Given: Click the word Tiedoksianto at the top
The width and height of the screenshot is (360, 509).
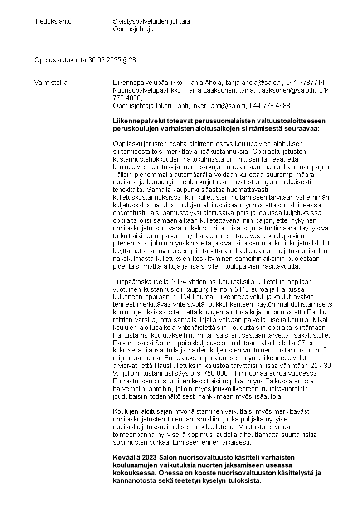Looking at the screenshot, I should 53,21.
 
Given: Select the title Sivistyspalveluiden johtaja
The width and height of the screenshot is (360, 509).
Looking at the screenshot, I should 151,21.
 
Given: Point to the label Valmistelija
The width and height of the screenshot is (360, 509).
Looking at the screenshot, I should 51,82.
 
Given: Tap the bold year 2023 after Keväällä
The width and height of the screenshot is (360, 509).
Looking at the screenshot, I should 149,458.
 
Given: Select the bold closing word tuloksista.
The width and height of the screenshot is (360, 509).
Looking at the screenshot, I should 245,481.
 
